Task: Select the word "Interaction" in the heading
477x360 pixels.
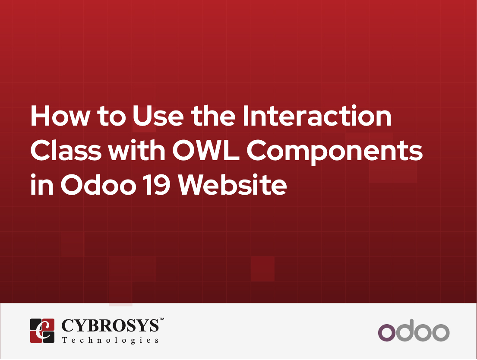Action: (316, 117)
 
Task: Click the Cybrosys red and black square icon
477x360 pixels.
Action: (42, 331)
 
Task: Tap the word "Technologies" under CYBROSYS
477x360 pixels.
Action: (110, 341)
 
